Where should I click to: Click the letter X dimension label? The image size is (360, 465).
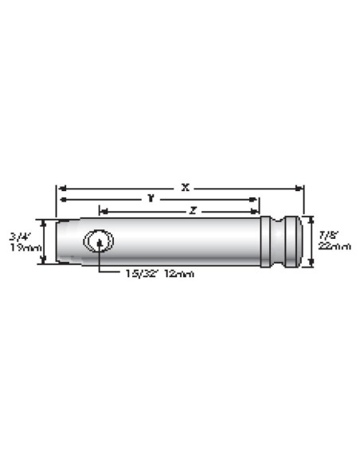pyautogui.click(x=185, y=187)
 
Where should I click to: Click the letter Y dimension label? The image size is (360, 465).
pyautogui.click(x=150, y=198)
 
